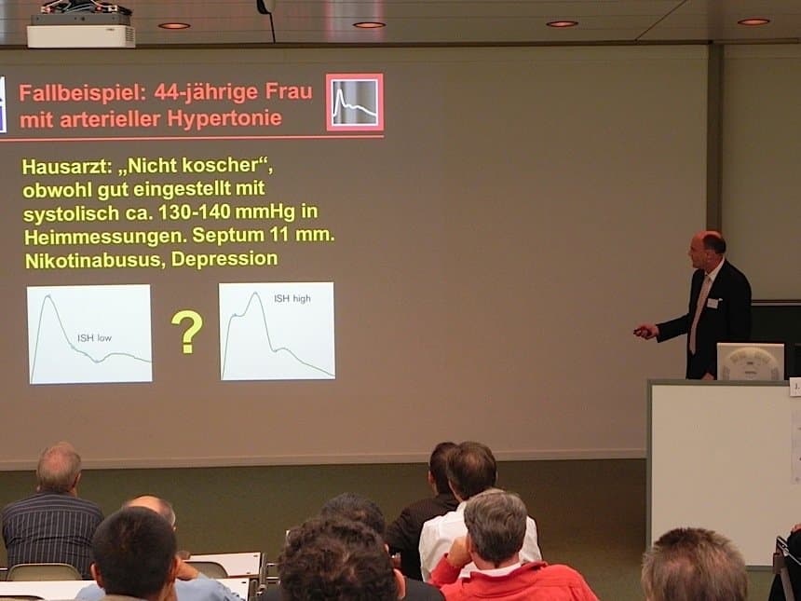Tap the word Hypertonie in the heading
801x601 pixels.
coord(224,118)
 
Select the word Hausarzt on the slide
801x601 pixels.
coord(66,167)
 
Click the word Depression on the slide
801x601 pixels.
coord(224,259)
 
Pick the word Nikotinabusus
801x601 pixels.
coord(94,261)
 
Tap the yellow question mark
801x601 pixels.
coord(187,332)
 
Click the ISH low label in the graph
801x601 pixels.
coord(94,338)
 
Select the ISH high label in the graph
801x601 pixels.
coord(292,298)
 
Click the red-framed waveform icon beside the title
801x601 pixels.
coord(355,102)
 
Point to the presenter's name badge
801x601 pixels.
coord(713,303)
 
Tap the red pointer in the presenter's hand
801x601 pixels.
coord(641,331)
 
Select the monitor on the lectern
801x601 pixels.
coord(751,362)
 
